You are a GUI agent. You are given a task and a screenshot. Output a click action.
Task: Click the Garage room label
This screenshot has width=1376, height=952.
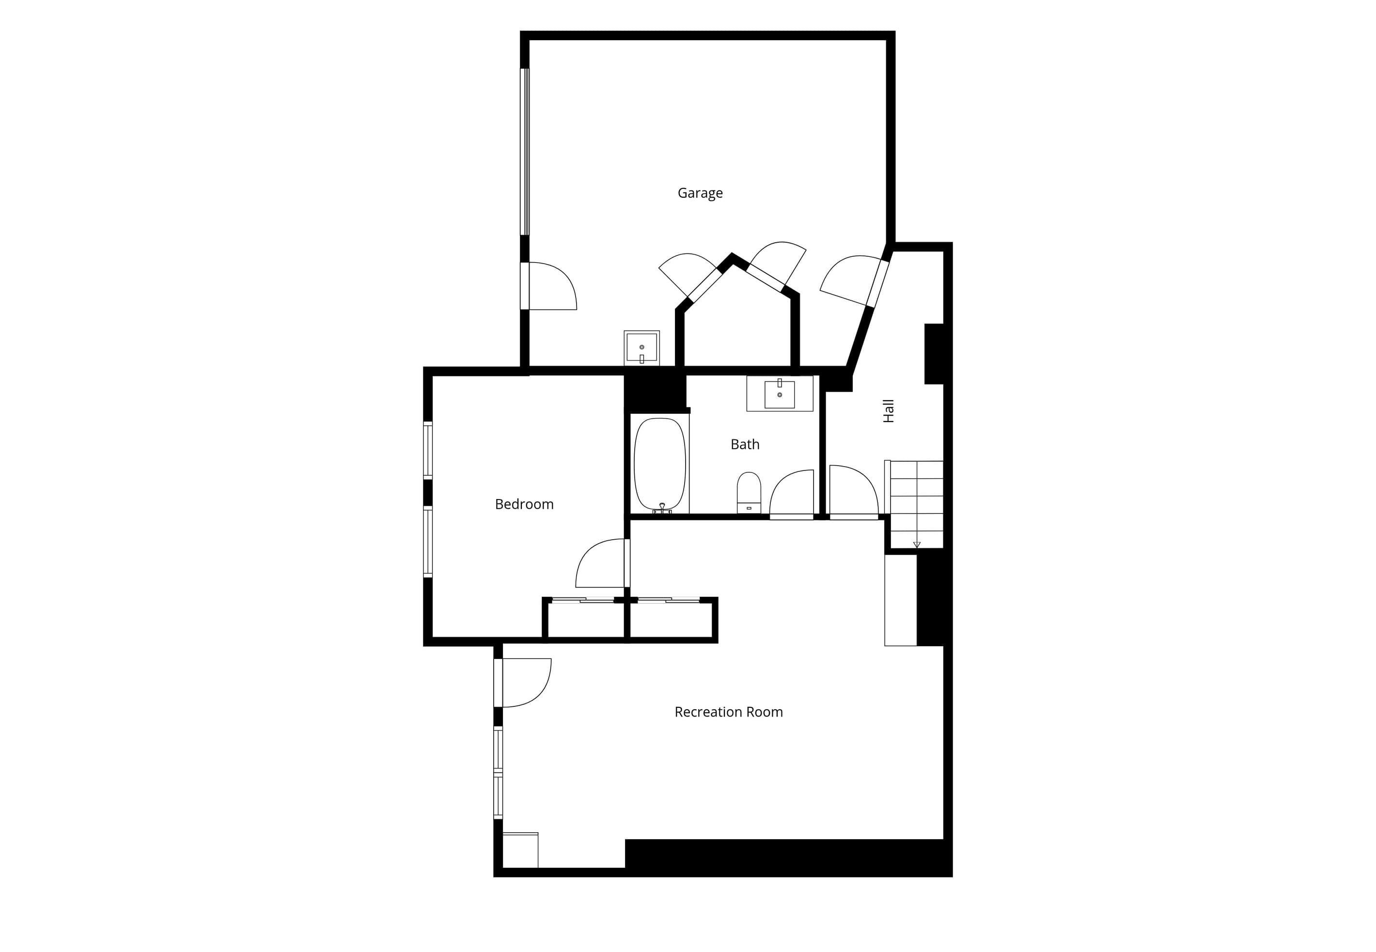pos(700,193)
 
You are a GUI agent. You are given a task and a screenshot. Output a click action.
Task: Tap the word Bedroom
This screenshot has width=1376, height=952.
pos(524,505)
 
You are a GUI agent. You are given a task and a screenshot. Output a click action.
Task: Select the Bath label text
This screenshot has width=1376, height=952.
pos(745,444)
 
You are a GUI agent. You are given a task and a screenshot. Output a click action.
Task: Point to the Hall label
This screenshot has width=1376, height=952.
pos(889,411)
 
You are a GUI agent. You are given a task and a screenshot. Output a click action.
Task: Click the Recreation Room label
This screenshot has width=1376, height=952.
pos(728,712)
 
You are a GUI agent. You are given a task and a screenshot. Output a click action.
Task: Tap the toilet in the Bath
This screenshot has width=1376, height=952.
pos(749,493)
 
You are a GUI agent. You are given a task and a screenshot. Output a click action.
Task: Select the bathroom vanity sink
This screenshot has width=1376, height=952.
pos(780,394)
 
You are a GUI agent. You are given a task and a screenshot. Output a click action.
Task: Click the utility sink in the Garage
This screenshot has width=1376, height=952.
pos(642,348)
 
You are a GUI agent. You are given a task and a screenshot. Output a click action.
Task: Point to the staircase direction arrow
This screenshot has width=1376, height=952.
pos(917,545)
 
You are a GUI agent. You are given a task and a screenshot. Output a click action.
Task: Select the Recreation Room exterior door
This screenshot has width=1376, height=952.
pos(523,683)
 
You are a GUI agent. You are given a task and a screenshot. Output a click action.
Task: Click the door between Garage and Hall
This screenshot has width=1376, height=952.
pos(855,281)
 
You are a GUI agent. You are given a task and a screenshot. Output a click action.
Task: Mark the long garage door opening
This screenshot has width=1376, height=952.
pos(524,152)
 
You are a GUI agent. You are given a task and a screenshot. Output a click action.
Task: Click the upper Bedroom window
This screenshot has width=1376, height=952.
pos(428,451)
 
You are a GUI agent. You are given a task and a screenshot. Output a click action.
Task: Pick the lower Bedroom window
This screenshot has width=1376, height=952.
pos(428,542)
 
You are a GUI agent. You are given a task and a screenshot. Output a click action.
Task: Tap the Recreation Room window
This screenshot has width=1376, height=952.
pos(498,772)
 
